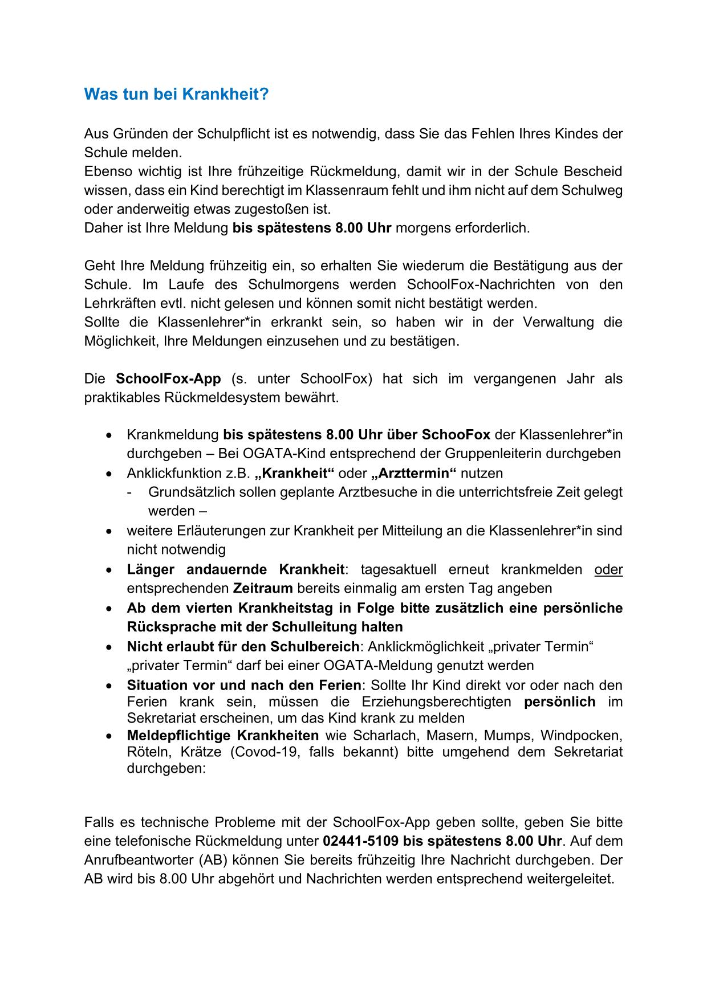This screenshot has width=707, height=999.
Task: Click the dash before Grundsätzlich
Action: [131, 492]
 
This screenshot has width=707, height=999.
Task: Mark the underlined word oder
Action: [608, 569]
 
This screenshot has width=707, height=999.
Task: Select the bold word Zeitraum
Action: [263, 588]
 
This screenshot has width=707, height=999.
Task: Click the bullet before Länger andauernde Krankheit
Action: [109, 570]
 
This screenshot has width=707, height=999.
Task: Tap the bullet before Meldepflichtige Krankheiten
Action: [109, 736]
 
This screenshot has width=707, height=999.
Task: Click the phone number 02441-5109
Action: [360, 841]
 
